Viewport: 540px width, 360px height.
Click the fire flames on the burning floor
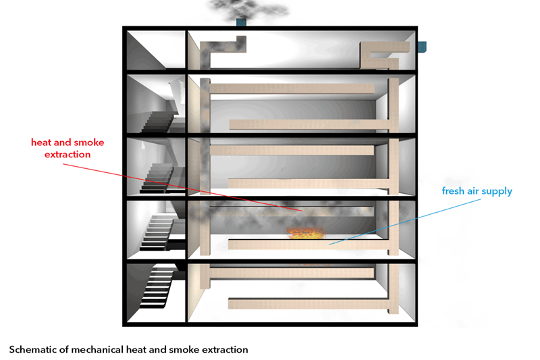point(304,232)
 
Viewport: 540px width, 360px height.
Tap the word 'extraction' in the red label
point(67,154)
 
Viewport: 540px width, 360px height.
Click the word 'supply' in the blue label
point(499,192)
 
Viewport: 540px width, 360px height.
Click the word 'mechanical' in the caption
point(101,349)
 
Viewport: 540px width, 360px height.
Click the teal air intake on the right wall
point(421,47)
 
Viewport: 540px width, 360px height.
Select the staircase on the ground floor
point(159,287)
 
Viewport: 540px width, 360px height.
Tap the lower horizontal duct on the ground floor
point(310,299)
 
